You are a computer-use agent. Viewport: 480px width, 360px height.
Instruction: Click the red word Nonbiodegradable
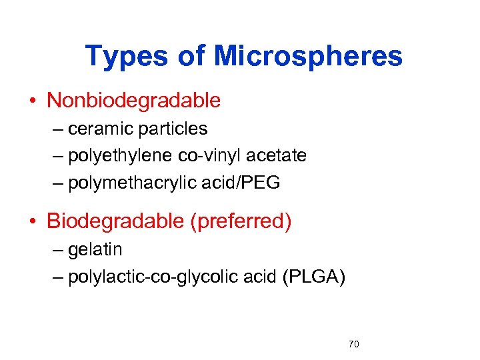point(133,101)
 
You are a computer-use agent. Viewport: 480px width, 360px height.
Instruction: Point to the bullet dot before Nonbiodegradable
point(32,101)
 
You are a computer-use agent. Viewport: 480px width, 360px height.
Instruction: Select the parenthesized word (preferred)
point(241,221)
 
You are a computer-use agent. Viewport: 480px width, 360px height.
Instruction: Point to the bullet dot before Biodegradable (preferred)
point(32,222)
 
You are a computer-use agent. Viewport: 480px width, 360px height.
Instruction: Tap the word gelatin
point(95,250)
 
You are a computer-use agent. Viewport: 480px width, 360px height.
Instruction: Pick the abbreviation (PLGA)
point(313,277)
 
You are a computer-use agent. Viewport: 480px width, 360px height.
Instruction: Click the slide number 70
point(354,345)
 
